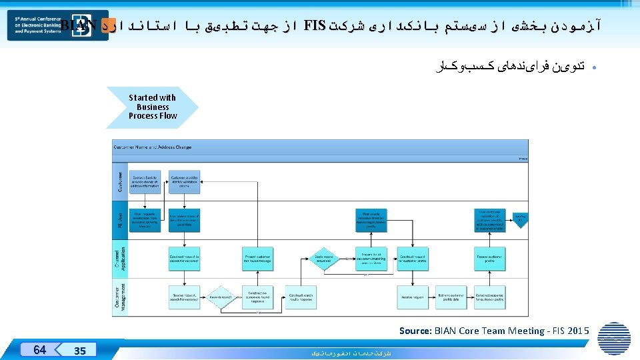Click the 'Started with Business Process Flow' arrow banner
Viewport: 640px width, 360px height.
153,107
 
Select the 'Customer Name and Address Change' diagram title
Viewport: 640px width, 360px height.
153,147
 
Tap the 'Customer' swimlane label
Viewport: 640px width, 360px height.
121,182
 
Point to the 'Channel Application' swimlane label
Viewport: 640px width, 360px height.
121,259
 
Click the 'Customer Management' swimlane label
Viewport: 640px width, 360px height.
121,297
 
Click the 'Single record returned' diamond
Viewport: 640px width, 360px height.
324,258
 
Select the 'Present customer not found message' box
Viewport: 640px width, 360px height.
257,259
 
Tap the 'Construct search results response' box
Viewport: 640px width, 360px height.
301,297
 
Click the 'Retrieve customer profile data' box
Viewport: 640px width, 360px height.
451,297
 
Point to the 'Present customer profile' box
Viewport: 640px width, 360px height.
490,259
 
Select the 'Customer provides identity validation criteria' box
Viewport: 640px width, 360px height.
184,182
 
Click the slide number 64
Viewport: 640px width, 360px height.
40,349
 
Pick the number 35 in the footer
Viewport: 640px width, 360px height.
79,351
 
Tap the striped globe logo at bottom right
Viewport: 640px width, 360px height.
613,339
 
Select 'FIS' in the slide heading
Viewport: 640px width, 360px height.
314,26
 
